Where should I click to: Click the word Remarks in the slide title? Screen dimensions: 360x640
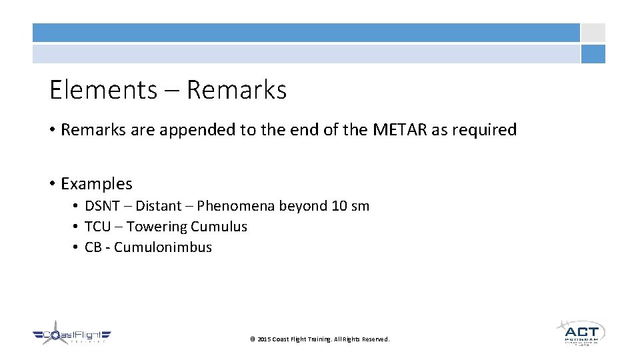coord(237,90)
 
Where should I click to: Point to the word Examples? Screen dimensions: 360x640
coord(96,183)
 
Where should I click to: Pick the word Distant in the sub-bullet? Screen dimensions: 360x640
coord(158,206)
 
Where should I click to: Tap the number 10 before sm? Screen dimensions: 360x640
coord(339,206)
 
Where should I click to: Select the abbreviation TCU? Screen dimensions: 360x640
coord(98,227)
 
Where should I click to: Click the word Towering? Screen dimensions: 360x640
coord(156,227)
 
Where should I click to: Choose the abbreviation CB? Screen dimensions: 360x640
coord(94,247)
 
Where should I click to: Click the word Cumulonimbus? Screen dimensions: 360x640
coord(163,247)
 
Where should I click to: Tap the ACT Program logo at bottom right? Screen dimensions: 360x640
coord(581,331)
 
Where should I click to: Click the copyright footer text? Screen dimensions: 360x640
coord(319,339)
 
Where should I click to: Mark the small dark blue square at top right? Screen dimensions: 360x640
coord(593,54)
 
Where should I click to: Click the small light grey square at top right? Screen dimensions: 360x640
coord(593,33)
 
